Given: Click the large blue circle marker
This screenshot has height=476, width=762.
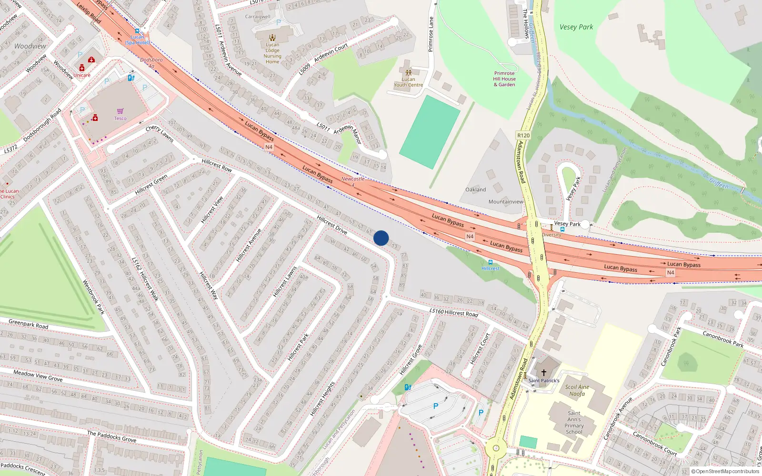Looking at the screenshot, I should point(381,238).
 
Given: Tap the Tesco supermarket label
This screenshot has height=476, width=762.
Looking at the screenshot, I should point(120,119).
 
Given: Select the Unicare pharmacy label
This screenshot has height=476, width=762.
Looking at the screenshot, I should point(82,75).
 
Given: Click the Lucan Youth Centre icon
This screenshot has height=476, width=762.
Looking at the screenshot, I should point(408,73).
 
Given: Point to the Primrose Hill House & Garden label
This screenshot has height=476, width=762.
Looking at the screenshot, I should point(504,79).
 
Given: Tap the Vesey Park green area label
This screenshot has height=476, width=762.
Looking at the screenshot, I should point(576,27).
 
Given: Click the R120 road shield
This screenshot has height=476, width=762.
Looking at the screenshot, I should point(523,136).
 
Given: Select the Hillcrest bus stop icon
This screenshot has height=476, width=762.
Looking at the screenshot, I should point(490,262).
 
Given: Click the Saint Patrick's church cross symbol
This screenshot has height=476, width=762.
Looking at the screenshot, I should point(543,373).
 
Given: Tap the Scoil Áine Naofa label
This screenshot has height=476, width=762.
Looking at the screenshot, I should point(577,390).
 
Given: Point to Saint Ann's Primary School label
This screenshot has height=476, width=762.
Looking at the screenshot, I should point(574,423).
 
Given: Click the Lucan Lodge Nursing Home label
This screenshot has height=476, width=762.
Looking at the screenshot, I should point(272,53).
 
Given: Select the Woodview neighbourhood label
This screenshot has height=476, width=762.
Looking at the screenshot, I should point(30,46).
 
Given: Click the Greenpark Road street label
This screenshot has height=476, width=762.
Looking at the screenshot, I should point(29,324).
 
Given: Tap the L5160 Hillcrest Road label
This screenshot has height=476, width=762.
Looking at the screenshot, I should point(453,313).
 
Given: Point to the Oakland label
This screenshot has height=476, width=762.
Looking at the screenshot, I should point(475,189).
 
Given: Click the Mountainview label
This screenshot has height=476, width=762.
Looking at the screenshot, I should point(505,202).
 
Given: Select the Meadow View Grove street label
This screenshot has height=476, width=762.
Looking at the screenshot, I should point(38,376).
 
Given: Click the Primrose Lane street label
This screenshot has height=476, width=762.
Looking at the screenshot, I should point(431,34).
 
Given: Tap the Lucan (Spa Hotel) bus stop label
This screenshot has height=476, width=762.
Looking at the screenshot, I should point(137,40).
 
